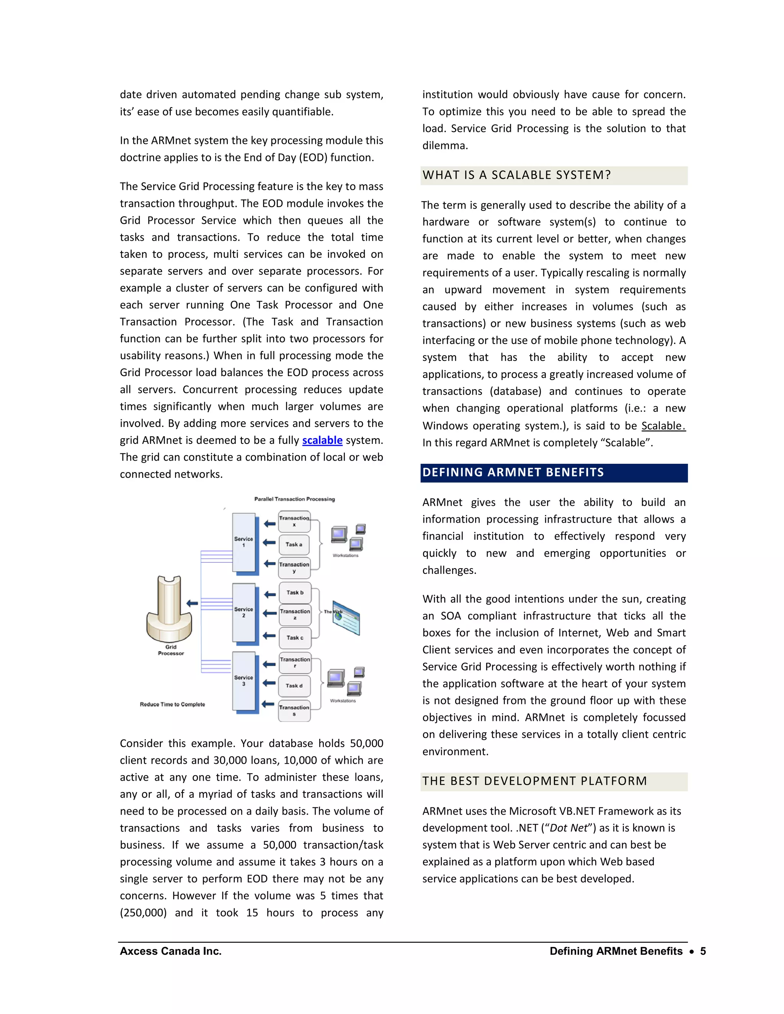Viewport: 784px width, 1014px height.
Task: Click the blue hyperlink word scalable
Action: click(322, 440)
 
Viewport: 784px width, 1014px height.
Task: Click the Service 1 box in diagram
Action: click(244, 542)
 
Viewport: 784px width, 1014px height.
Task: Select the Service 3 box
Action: click(244, 681)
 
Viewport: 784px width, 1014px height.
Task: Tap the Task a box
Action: click(294, 544)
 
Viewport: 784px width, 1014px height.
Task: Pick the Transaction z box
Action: click(295, 614)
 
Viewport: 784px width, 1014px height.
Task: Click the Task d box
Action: click(294, 686)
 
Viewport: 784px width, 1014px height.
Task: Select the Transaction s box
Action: click(294, 710)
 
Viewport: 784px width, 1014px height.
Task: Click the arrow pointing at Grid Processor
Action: click(192, 603)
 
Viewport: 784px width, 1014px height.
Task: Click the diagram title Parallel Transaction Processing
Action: click(294, 499)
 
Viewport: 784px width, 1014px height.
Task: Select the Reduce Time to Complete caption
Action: click(172, 704)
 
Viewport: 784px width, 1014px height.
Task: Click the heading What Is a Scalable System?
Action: click(516, 175)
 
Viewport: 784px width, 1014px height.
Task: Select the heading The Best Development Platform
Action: click(534, 781)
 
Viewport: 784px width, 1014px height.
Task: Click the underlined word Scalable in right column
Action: click(662, 426)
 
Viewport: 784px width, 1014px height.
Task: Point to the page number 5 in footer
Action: click(703, 951)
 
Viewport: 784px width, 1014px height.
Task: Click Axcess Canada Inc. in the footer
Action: click(170, 951)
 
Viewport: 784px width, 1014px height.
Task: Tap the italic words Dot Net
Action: click(568, 828)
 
